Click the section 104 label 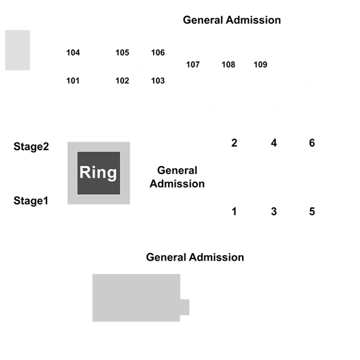pyautogui.click(x=73, y=53)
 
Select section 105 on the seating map pyautogui.click(x=122, y=53)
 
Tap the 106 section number pyautogui.click(x=158, y=53)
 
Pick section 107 pyautogui.click(x=193, y=64)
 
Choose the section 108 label pyautogui.click(x=228, y=64)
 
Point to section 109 pyautogui.click(x=261, y=64)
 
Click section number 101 pyautogui.click(x=73, y=81)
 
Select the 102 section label pyautogui.click(x=122, y=81)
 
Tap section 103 pyautogui.click(x=158, y=81)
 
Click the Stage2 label pyautogui.click(x=32, y=147)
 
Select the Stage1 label pyautogui.click(x=31, y=201)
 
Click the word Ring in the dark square pyautogui.click(x=98, y=173)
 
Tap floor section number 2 pyautogui.click(x=235, y=143)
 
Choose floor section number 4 pyautogui.click(x=274, y=143)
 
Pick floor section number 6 pyautogui.click(x=312, y=143)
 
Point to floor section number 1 pyautogui.click(x=235, y=212)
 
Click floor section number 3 pyautogui.click(x=274, y=212)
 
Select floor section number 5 pyautogui.click(x=312, y=212)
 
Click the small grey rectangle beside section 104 pyautogui.click(x=18, y=50)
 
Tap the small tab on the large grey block pyautogui.click(x=184, y=307)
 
